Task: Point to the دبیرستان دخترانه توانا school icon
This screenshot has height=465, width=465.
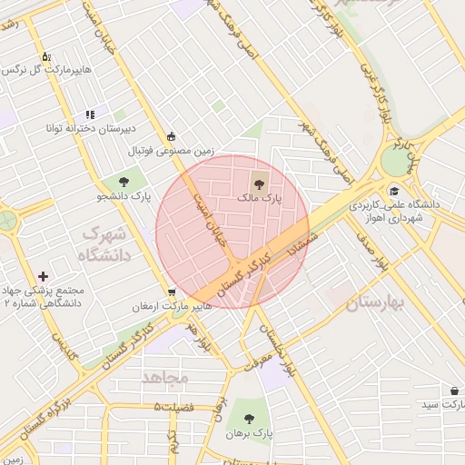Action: pos(89,114)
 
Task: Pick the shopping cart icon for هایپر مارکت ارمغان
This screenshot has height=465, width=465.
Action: pos(172,292)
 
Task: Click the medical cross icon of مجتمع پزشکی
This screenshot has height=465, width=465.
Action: pos(44,276)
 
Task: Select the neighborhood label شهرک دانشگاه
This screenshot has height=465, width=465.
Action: pos(106,244)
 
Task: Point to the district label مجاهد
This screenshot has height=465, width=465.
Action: pos(164,376)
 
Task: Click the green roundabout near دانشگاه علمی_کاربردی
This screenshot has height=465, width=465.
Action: pos(395,162)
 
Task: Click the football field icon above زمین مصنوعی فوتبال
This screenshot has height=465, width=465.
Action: pos(172,137)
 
